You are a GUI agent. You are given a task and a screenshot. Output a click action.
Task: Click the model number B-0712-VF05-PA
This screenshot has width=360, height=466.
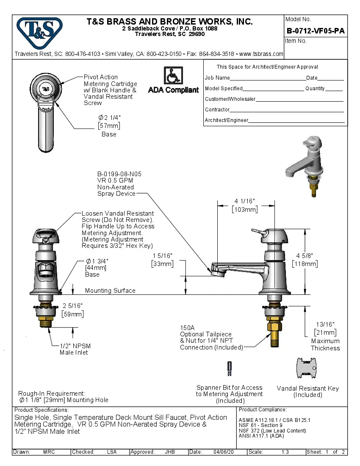[x=316, y=31]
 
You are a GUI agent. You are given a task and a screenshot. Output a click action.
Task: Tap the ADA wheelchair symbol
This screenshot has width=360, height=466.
[x=173, y=76]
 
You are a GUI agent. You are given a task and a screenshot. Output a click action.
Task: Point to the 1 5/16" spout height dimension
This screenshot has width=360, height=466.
[x=162, y=255]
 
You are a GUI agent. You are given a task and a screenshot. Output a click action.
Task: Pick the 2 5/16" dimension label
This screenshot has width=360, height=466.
[x=72, y=306]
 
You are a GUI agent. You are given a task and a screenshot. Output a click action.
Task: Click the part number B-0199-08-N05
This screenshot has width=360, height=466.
[x=119, y=174]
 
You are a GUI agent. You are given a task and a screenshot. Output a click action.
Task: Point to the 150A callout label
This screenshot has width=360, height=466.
[x=187, y=327]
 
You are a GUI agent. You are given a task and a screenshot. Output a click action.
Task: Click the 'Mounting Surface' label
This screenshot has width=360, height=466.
[x=110, y=291]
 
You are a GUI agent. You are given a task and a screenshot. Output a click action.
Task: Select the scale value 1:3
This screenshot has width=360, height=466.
[x=285, y=452]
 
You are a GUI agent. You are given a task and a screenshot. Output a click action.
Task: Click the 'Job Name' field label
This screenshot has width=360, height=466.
[x=217, y=78]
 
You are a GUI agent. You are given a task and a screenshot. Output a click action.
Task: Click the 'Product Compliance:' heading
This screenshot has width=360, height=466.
[x=263, y=410]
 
